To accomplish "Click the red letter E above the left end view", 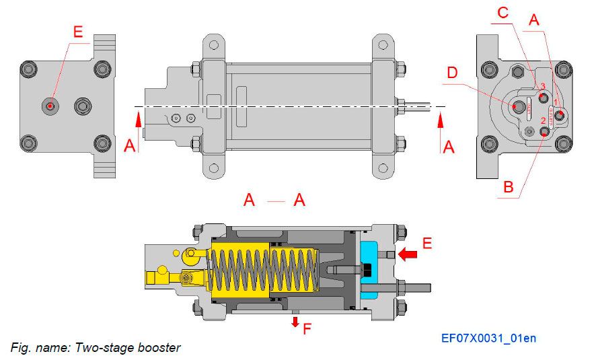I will tap(79, 32).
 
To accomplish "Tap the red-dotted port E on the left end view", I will tap(50, 105).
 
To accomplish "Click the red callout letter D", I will tap(452, 72).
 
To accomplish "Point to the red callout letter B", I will tap(510, 186).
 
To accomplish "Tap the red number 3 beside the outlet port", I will tap(542, 87).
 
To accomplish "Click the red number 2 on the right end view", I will tap(542, 121).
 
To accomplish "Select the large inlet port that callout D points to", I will tap(517, 106).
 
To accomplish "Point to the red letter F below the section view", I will tap(307, 330).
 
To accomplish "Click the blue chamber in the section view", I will tap(371, 269).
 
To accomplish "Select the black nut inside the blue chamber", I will tap(367, 270).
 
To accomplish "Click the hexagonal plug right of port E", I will tap(83, 105).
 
